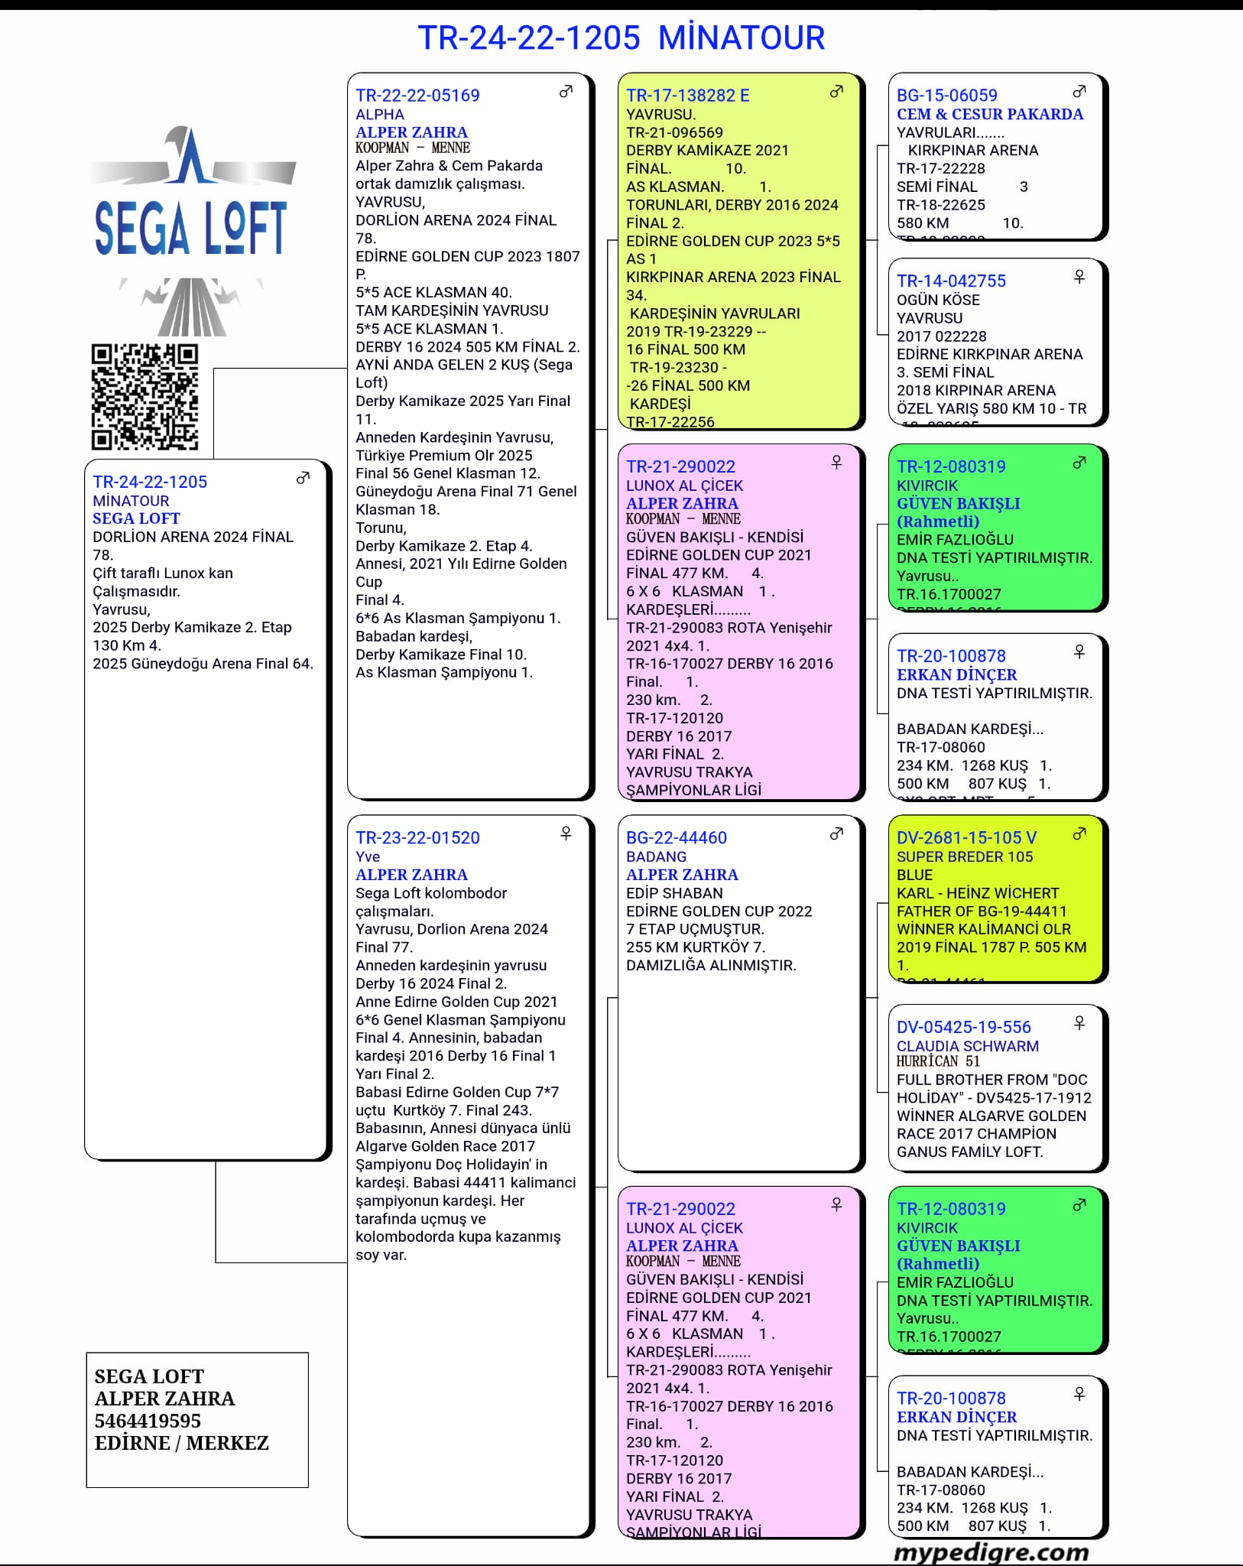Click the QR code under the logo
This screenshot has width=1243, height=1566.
coord(144,397)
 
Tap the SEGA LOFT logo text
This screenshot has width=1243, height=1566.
coord(190,228)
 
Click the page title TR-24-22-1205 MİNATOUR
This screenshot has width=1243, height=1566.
coord(621,37)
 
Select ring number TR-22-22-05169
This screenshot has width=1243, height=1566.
coord(417,96)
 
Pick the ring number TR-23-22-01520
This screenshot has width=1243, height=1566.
coord(417,838)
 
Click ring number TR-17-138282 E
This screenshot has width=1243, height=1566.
coord(687,96)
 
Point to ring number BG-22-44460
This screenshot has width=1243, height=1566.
coord(676,838)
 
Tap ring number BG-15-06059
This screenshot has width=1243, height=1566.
coord(946,96)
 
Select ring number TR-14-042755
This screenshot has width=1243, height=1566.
coord(951,281)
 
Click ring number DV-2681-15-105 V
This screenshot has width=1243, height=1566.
coord(966,838)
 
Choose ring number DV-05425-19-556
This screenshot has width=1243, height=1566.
coord(963,1027)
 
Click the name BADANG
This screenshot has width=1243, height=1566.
coord(656,856)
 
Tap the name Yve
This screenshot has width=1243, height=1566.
coord(368,856)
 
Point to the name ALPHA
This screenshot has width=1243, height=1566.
coord(379,115)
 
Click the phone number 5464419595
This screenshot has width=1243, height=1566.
coord(148,1421)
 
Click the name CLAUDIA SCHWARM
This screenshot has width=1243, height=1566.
coord(967,1046)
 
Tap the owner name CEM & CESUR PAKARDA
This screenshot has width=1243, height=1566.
coord(989,115)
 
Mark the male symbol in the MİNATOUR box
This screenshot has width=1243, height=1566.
coord(303,479)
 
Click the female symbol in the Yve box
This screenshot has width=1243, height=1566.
coord(566,833)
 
